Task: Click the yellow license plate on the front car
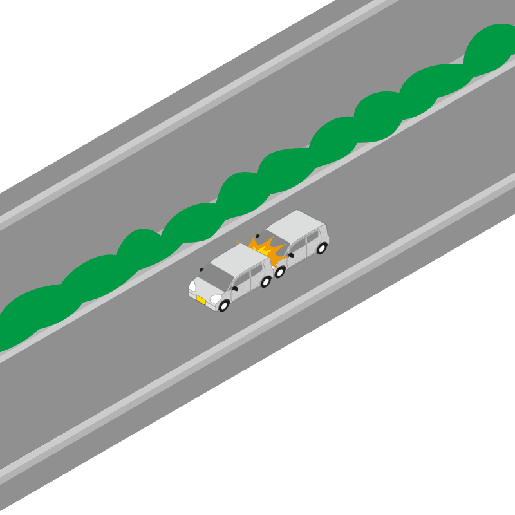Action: click(201, 300)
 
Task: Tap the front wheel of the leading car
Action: click(224, 306)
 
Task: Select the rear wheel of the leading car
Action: click(265, 282)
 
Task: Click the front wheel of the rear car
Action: click(279, 272)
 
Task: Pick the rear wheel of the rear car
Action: click(321, 248)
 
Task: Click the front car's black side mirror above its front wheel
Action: click(235, 288)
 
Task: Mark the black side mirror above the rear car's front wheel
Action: click(291, 255)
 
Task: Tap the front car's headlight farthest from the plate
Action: click(192, 285)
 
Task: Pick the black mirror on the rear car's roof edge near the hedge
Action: click(257, 236)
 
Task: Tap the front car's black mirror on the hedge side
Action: click(201, 270)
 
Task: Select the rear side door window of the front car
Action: click(257, 270)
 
